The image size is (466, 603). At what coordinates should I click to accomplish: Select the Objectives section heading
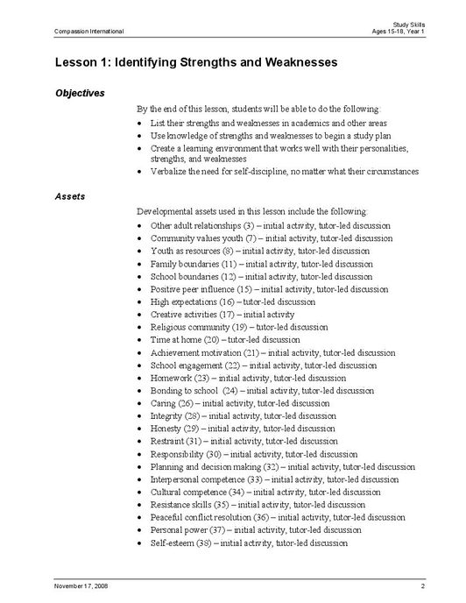click(x=80, y=92)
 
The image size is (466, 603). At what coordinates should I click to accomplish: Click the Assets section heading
click(x=70, y=196)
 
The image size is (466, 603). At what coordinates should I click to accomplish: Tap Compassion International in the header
click(x=88, y=32)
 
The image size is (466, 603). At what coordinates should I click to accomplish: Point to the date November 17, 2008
click(x=83, y=585)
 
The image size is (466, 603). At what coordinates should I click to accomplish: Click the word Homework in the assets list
click(x=170, y=378)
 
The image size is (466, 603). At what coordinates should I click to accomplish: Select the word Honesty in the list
click(x=166, y=429)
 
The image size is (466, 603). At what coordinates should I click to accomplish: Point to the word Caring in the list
click(x=163, y=403)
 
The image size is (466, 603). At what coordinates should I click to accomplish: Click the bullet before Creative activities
click(x=141, y=314)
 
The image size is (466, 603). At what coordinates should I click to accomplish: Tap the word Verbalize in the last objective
click(x=168, y=173)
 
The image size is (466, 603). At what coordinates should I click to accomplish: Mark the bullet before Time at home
click(x=141, y=339)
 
